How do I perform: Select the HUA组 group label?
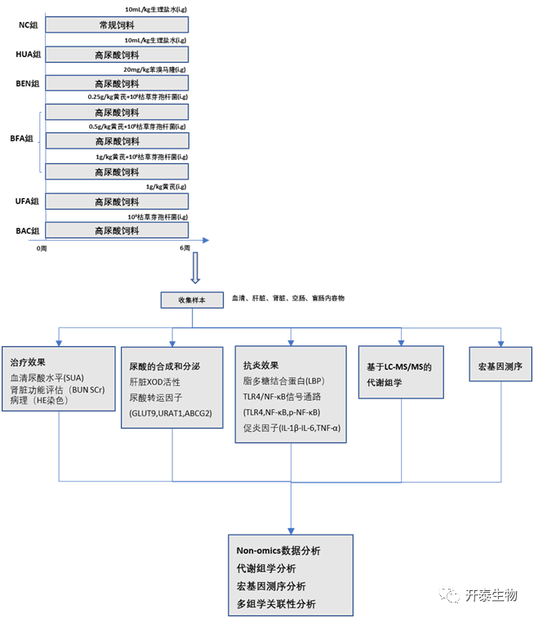pyautogui.click(x=29, y=55)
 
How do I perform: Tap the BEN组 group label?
pyautogui.click(x=29, y=83)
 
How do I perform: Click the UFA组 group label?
pyautogui.click(x=29, y=201)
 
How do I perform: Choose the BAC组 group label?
pyautogui.click(x=29, y=231)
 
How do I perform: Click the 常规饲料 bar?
pyautogui.click(x=118, y=25)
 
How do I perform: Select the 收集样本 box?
pyautogui.click(x=193, y=300)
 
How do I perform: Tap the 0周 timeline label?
pyautogui.click(x=42, y=247)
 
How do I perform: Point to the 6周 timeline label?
pyautogui.click(x=185, y=247)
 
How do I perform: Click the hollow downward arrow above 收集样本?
pyautogui.click(x=194, y=267)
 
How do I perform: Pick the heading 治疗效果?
pyautogui.click(x=28, y=362)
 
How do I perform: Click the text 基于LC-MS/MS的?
pyautogui.click(x=399, y=367)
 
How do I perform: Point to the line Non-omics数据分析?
pyautogui.click(x=278, y=551)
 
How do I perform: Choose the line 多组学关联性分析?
pyautogui.click(x=276, y=604)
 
